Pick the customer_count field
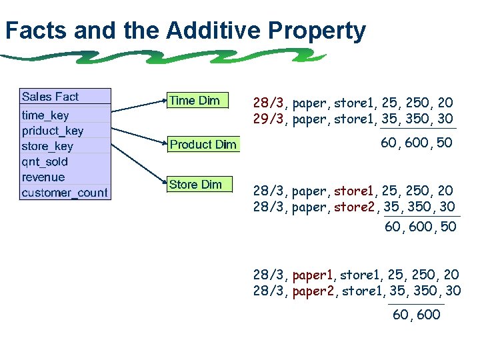[x=64, y=193]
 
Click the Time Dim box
[x=196, y=101]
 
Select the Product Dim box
[x=203, y=145]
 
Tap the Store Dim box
[x=196, y=185]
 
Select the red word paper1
[x=314, y=274]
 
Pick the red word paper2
[x=314, y=291]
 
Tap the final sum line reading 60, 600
[x=417, y=315]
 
